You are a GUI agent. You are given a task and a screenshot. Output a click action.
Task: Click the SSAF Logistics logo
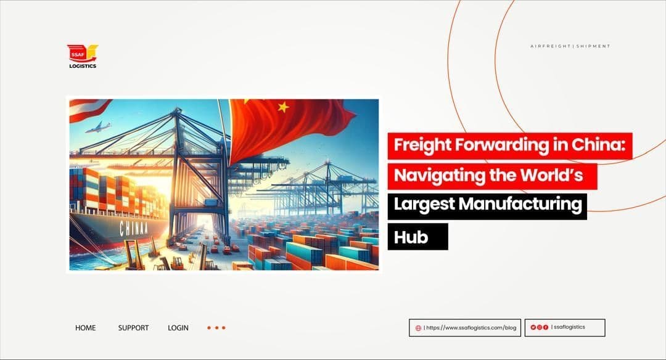pyautogui.click(x=82, y=56)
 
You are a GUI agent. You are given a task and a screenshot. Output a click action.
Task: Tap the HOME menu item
pyautogui.click(x=85, y=328)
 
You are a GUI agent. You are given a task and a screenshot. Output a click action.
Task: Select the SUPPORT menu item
pyautogui.click(x=133, y=328)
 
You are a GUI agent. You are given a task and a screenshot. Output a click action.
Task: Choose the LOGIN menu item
pyautogui.click(x=178, y=328)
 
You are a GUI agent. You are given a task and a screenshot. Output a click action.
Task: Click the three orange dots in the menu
pyautogui.click(x=216, y=328)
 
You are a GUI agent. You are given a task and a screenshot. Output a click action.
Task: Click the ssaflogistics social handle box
pyautogui.click(x=564, y=327)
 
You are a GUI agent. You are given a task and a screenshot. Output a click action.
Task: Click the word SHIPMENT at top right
pyautogui.click(x=594, y=46)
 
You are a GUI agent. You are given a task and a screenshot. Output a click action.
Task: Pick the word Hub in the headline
pyautogui.click(x=411, y=236)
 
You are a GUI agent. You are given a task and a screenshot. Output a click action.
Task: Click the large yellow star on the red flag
pyautogui.click(x=283, y=107)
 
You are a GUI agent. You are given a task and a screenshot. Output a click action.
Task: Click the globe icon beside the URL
pyautogui.click(x=419, y=328)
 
